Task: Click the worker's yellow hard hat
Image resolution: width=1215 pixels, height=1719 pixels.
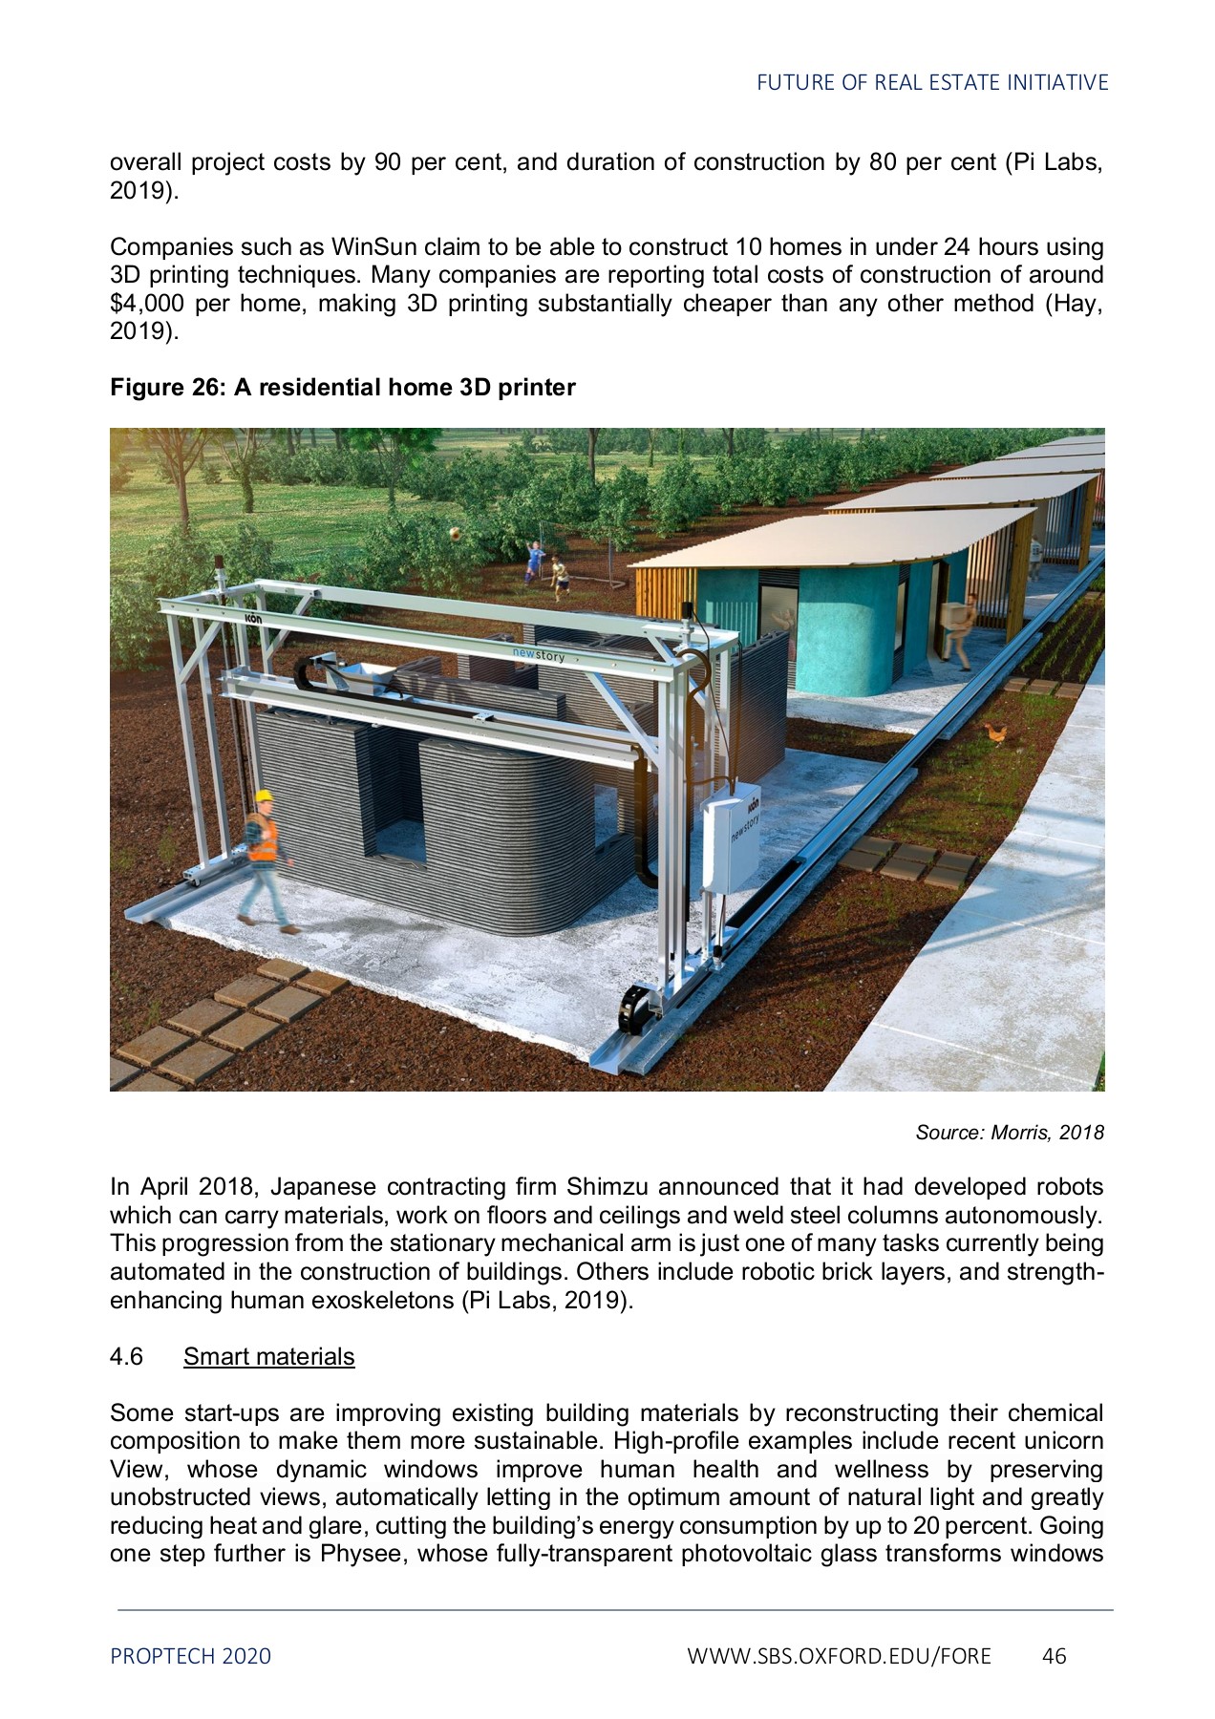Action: pyautogui.click(x=265, y=796)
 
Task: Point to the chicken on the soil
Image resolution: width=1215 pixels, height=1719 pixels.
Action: pyautogui.click(x=995, y=732)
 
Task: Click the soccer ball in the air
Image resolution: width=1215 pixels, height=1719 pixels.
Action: pyautogui.click(x=456, y=534)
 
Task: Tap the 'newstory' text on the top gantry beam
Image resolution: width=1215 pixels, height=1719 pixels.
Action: pyautogui.click(x=539, y=654)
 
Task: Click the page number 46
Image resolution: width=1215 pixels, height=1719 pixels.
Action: pyautogui.click(x=1054, y=1656)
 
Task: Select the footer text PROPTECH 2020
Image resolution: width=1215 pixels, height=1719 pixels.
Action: pyautogui.click(x=190, y=1656)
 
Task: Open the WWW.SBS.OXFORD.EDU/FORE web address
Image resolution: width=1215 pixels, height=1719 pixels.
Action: pyautogui.click(x=839, y=1656)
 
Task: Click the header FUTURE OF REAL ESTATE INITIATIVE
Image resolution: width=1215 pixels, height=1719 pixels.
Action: pyautogui.click(x=932, y=83)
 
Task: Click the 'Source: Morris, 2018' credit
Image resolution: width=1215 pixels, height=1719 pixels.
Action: pyautogui.click(x=1009, y=1133)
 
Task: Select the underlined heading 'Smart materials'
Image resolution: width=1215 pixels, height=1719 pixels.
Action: pyautogui.click(x=268, y=1357)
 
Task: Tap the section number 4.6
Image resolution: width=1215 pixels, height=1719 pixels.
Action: pyautogui.click(x=126, y=1357)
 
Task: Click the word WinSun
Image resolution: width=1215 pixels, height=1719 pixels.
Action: pyautogui.click(x=373, y=247)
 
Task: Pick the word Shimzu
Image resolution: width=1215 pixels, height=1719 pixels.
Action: pyautogui.click(x=607, y=1187)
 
